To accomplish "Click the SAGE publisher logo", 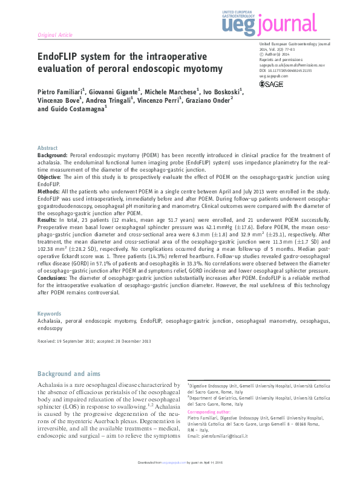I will (x=271, y=83).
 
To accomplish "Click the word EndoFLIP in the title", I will (x=62, y=57).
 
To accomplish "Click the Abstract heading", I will (x=48, y=148).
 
